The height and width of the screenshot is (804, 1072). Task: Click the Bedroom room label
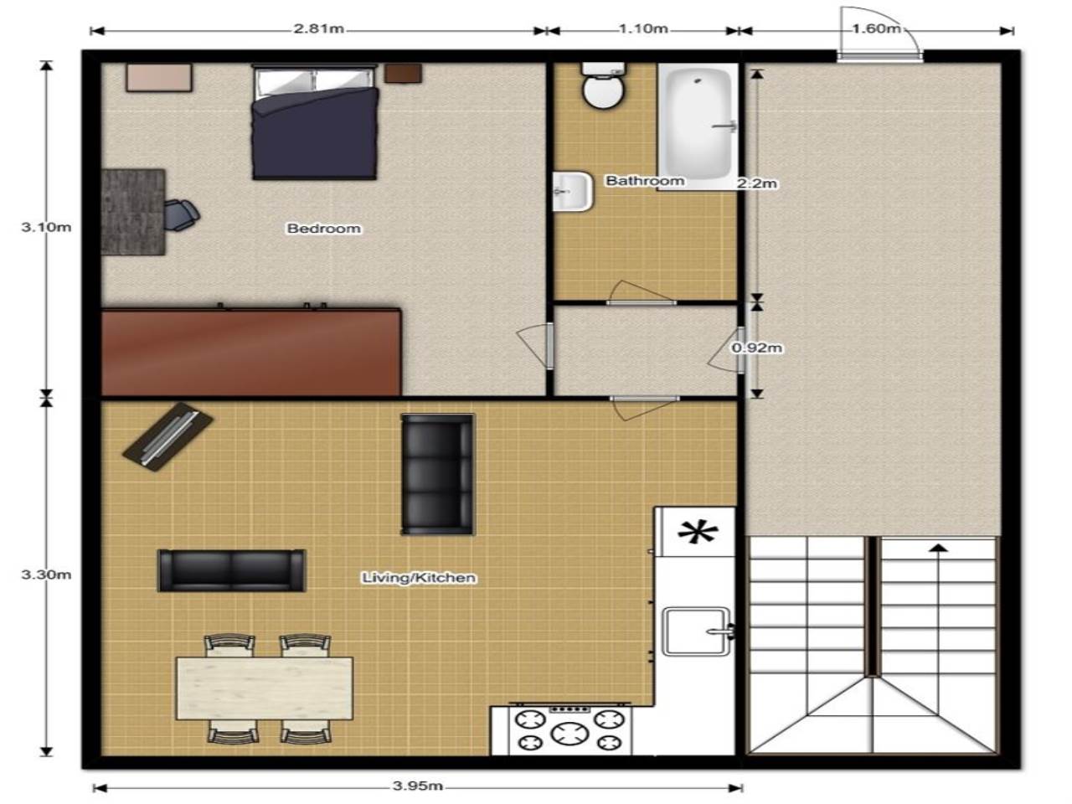[324, 229]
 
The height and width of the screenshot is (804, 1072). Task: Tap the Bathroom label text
[645, 181]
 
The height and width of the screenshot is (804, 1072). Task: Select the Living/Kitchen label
[419, 578]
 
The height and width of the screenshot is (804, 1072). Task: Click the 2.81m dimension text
[318, 28]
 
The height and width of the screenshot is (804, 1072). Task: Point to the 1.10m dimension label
[643, 28]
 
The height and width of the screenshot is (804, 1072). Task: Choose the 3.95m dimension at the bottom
[418, 786]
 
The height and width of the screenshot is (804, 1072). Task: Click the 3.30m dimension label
[46, 575]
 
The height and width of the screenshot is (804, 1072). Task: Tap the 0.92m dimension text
[756, 348]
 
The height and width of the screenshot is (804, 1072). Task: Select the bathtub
[698, 126]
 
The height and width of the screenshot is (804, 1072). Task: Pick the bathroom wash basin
[572, 191]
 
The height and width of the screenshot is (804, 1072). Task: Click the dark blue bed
[315, 122]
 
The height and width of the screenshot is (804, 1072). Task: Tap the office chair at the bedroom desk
[181, 214]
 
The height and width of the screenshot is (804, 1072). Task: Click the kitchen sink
[697, 631]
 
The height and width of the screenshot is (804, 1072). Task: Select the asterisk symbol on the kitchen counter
[698, 533]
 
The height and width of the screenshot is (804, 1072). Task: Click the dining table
[265, 688]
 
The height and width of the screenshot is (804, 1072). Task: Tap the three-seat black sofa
[437, 474]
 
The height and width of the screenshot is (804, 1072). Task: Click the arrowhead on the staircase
[937, 547]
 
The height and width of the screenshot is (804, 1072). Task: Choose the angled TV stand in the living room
[167, 437]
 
